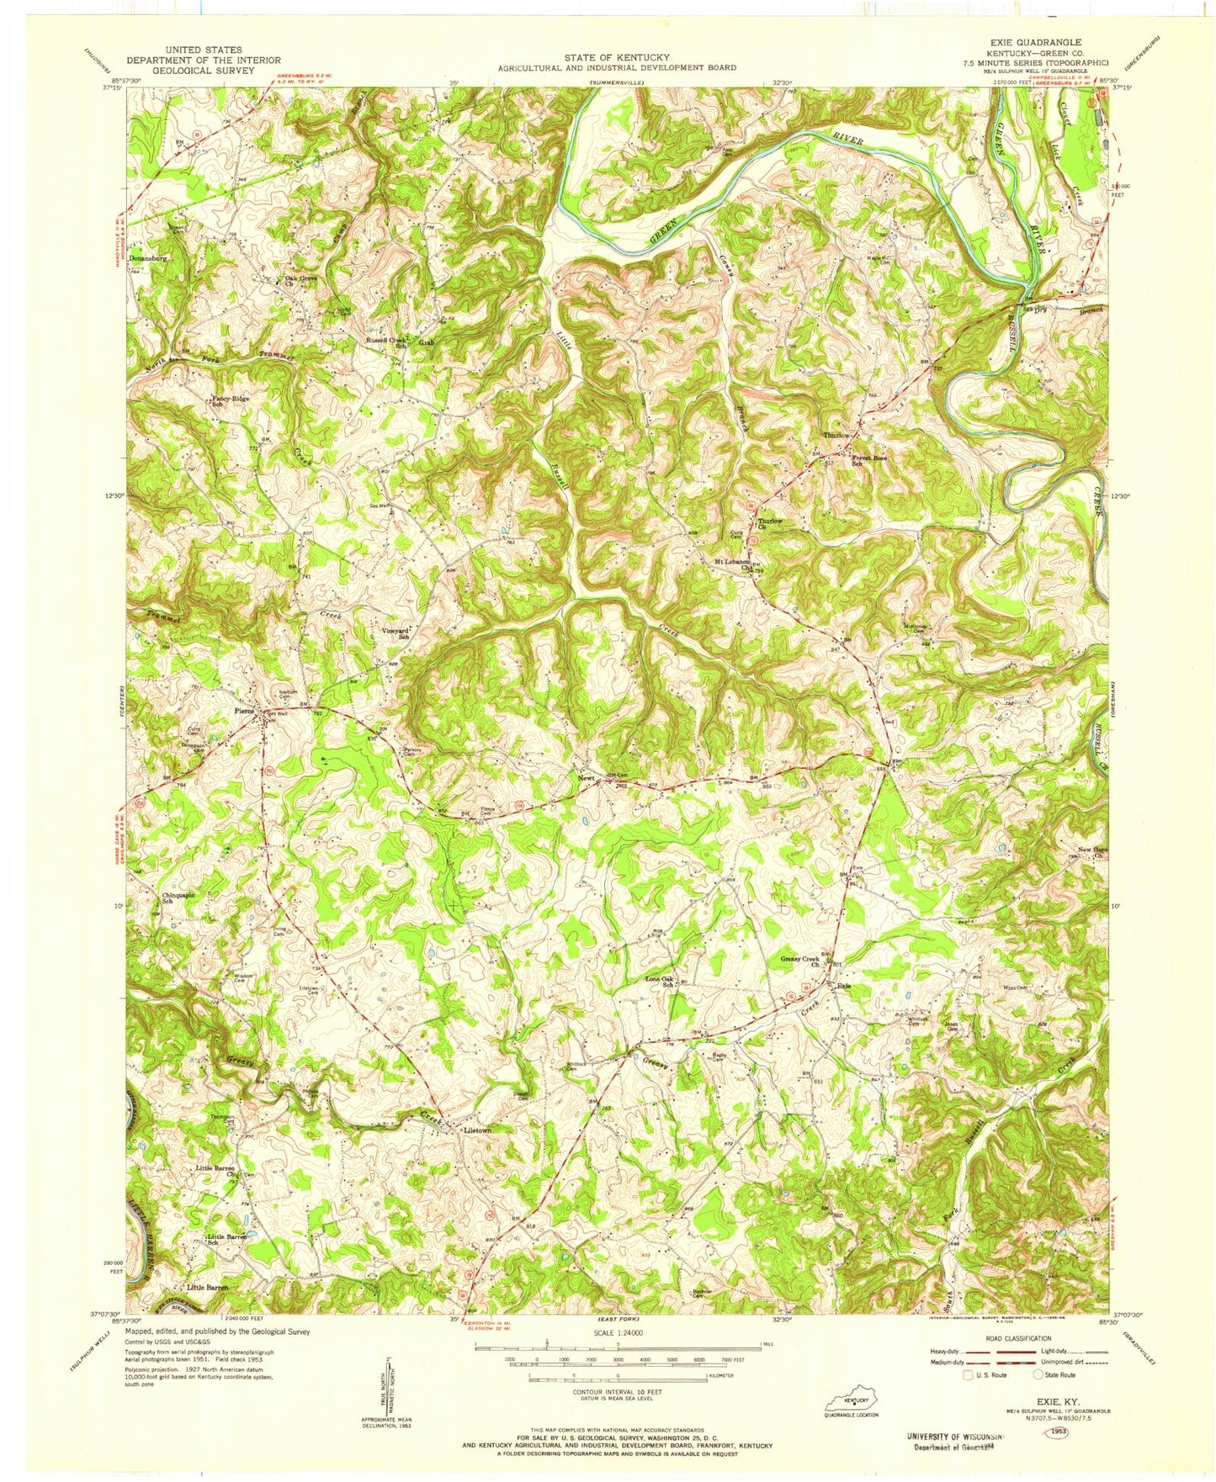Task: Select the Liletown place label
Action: coord(477,1130)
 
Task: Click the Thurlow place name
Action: coord(836,435)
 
